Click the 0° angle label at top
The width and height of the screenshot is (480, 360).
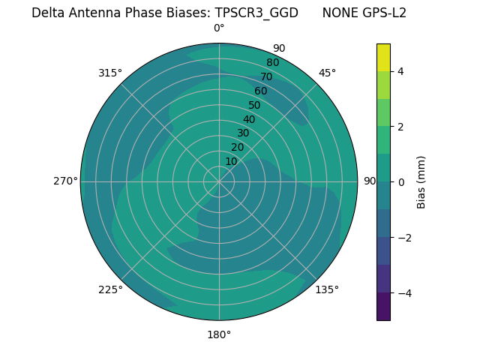(219, 28)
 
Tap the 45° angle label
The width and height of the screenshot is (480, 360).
(327, 73)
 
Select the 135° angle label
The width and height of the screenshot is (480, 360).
(327, 289)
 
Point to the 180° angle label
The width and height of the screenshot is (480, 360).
(219, 334)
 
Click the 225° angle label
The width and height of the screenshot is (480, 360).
(110, 289)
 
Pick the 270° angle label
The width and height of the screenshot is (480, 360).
(66, 181)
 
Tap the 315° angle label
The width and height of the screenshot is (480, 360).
(110, 73)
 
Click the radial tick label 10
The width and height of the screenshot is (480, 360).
(231, 161)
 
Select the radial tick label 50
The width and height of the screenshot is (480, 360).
(255, 106)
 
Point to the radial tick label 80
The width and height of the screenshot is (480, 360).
(273, 62)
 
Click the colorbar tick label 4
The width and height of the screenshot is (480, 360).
(401, 71)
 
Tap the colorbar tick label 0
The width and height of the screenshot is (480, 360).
(401, 182)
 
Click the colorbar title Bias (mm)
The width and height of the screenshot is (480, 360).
(421, 182)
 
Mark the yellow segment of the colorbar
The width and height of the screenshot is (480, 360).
(383, 57)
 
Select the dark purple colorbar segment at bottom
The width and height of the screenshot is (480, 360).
(383, 307)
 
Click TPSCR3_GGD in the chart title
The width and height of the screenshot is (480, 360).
(256, 13)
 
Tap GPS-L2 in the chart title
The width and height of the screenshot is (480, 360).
(383, 13)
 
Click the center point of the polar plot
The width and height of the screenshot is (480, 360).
(219, 181)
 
